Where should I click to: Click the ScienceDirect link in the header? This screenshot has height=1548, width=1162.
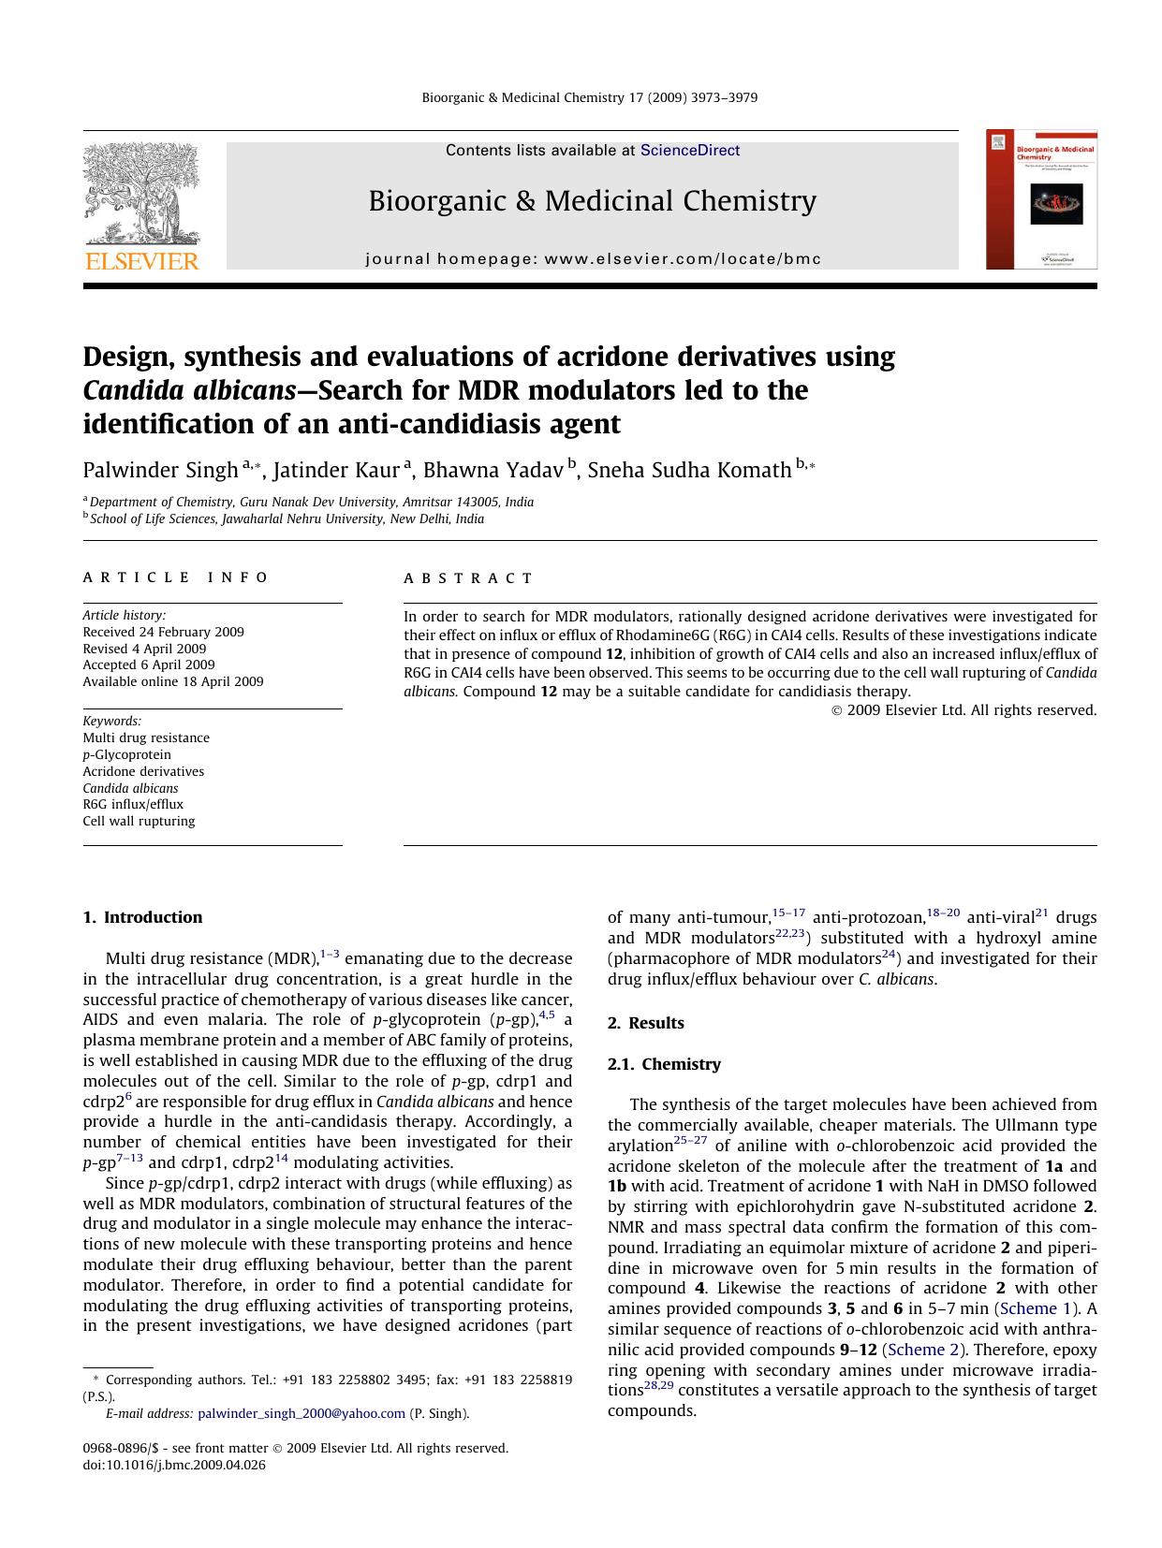(x=689, y=151)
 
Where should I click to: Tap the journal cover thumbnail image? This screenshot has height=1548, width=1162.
(x=1041, y=200)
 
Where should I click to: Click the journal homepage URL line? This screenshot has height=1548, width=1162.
(x=593, y=259)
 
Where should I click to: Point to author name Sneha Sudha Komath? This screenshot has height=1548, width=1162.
(x=689, y=470)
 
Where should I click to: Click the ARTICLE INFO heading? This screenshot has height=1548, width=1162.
(x=176, y=577)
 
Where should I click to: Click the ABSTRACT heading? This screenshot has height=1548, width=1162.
(x=468, y=578)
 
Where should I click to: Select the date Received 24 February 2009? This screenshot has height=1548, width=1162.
(x=163, y=632)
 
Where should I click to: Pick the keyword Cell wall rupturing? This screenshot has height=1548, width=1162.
(x=139, y=821)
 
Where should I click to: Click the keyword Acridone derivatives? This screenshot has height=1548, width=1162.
(x=143, y=771)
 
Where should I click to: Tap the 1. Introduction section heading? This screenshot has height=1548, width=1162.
(x=142, y=917)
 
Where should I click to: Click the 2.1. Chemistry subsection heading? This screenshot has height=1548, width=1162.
(x=664, y=1064)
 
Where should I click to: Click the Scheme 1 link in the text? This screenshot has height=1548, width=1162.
(x=1037, y=1308)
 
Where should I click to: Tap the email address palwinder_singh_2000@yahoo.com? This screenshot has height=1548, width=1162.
(x=302, y=1413)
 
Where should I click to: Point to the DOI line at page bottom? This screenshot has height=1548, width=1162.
(x=174, y=1465)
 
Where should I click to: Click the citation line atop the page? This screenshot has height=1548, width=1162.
(x=590, y=97)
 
